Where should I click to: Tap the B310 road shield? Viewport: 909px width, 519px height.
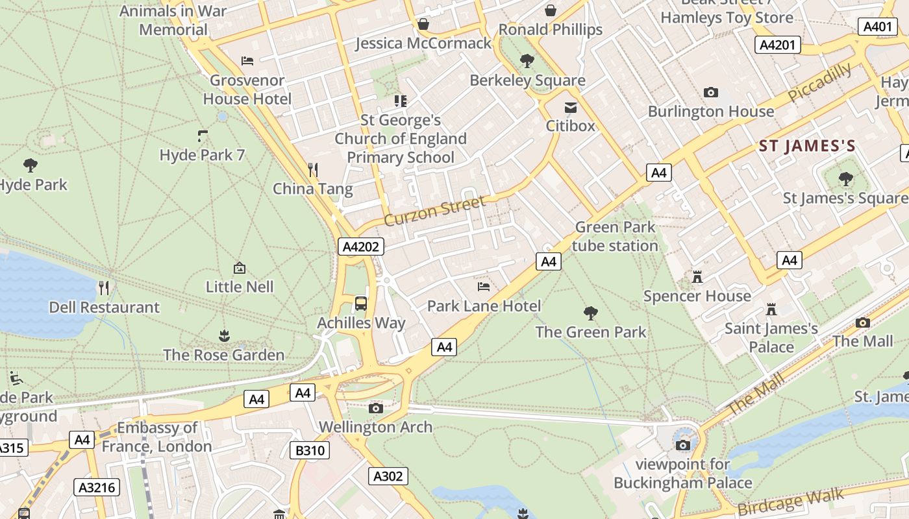pos(310,450)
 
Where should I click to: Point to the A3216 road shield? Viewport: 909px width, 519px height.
pos(97,487)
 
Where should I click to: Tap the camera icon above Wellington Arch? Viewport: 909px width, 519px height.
pos(375,408)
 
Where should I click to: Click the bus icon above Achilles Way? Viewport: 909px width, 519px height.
pos(360,303)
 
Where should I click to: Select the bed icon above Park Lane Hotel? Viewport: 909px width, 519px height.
pos(483,286)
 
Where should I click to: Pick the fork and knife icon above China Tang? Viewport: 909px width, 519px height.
pos(313,170)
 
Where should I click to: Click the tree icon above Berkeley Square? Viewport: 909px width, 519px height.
pos(527,61)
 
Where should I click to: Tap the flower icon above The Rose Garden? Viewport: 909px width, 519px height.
pos(224,335)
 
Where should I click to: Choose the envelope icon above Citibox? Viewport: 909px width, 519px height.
pos(570,107)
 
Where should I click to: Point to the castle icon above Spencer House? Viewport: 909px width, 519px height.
pos(697,277)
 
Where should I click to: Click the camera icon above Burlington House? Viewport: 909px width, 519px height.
pos(711,93)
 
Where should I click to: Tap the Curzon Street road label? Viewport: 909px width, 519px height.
pos(434,211)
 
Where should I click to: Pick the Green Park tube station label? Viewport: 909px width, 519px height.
pos(615,237)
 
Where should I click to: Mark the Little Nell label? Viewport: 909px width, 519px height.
pos(240,287)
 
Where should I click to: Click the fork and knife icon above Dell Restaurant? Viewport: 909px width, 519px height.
pos(104,287)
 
